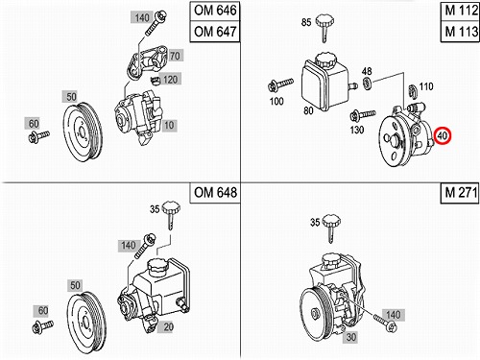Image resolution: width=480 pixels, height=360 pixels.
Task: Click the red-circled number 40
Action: pos(443,135)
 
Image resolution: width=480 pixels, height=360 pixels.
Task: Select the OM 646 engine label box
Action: pos(215,11)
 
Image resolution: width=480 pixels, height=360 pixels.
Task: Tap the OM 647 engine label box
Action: pos(215,32)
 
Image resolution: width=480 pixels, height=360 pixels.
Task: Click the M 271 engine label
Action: pos(460,193)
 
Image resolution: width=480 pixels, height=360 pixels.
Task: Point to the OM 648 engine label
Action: pos(215,193)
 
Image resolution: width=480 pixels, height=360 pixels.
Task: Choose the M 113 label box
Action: pos(461,32)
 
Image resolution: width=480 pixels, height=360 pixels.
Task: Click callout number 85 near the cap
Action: pos(306,22)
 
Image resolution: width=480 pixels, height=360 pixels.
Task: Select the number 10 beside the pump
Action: pos(169,126)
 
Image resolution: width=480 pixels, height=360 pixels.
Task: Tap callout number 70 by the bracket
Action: pos(175,56)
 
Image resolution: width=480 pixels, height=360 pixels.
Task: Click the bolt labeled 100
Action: pos(280,85)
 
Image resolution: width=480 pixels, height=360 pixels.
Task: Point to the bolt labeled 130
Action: pos(363,115)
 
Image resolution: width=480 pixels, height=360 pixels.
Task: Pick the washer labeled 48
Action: pos(367,83)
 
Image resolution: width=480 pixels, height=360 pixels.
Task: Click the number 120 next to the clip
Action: pos(170,79)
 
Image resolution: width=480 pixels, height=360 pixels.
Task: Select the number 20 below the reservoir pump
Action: pos(168,327)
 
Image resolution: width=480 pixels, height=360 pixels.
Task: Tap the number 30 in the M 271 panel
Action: pos(351,337)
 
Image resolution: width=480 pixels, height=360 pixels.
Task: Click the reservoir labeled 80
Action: pos(324,82)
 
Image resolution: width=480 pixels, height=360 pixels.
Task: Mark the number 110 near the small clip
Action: pos(426,86)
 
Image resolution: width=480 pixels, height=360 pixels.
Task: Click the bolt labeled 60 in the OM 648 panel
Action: pos(43,327)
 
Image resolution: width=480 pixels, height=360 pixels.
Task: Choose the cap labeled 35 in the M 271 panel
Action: pos(331,228)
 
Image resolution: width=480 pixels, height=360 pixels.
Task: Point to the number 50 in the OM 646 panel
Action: pos(72,97)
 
